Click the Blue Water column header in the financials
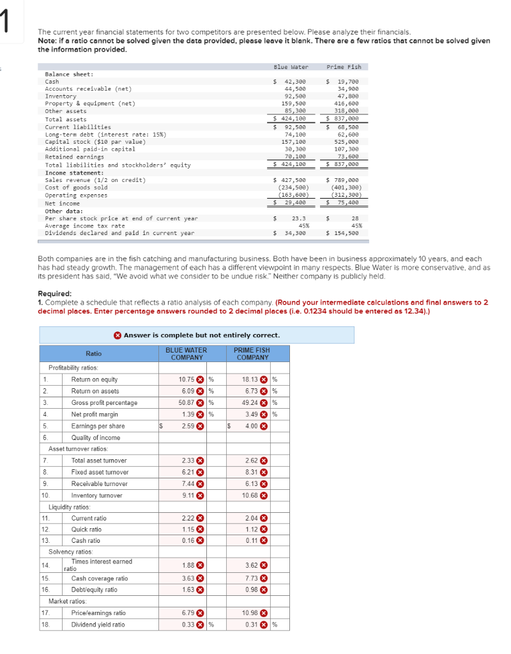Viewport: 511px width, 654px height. [x=291, y=67]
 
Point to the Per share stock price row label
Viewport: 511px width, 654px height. [x=121, y=218]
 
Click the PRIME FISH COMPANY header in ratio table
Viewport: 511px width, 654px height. [x=252, y=354]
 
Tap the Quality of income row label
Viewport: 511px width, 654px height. [x=95, y=437]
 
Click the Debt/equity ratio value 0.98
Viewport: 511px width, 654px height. [x=251, y=589]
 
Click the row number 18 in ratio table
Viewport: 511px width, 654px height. [x=45, y=625]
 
